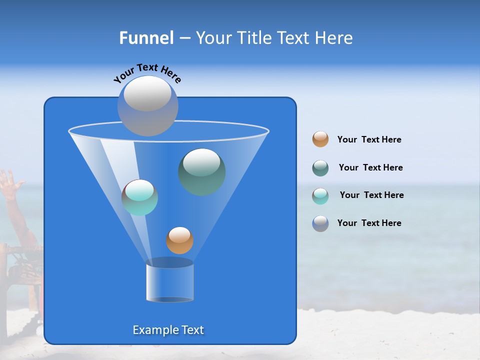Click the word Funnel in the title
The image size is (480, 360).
tap(146, 38)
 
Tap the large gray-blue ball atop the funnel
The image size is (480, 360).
tap(148, 105)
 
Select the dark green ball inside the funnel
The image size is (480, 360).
tap(201, 171)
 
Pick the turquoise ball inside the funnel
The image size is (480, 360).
tap(139, 197)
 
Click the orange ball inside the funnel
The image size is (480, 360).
tap(179, 240)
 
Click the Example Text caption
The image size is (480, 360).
tap(168, 330)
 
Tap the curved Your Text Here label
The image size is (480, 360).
tap(147, 72)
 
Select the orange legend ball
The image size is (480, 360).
tap(320, 139)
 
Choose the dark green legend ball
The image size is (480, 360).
tap(320, 168)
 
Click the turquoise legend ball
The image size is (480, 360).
tap(320, 196)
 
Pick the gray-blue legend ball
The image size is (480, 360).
tap(320, 223)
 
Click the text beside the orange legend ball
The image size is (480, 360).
tap(369, 140)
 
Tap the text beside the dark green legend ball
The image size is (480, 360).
tap(370, 168)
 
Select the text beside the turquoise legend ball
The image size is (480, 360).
tap(371, 195)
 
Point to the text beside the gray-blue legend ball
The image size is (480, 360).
tap(369, 223)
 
